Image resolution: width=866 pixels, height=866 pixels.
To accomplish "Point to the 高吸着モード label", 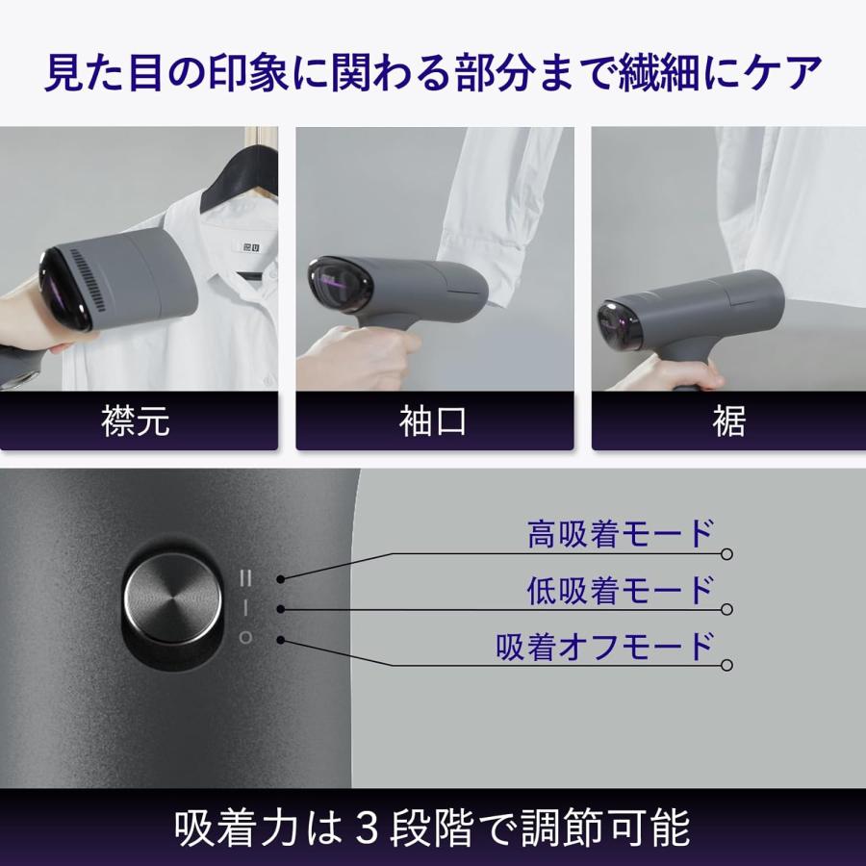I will [x=620, y=533].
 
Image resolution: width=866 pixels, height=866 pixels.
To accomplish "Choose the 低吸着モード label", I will [x=620, y=589].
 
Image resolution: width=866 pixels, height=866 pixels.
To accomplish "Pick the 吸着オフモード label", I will [x=605, y=645].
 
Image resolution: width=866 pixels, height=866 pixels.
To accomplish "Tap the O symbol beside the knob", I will [x=245, y=637].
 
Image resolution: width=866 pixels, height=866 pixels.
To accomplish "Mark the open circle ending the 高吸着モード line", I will [x=727, y=554].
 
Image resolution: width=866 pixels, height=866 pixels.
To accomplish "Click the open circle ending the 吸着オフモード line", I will [x=727, y=665].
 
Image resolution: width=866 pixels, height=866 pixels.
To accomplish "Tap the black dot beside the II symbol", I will [x=279, y=579].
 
